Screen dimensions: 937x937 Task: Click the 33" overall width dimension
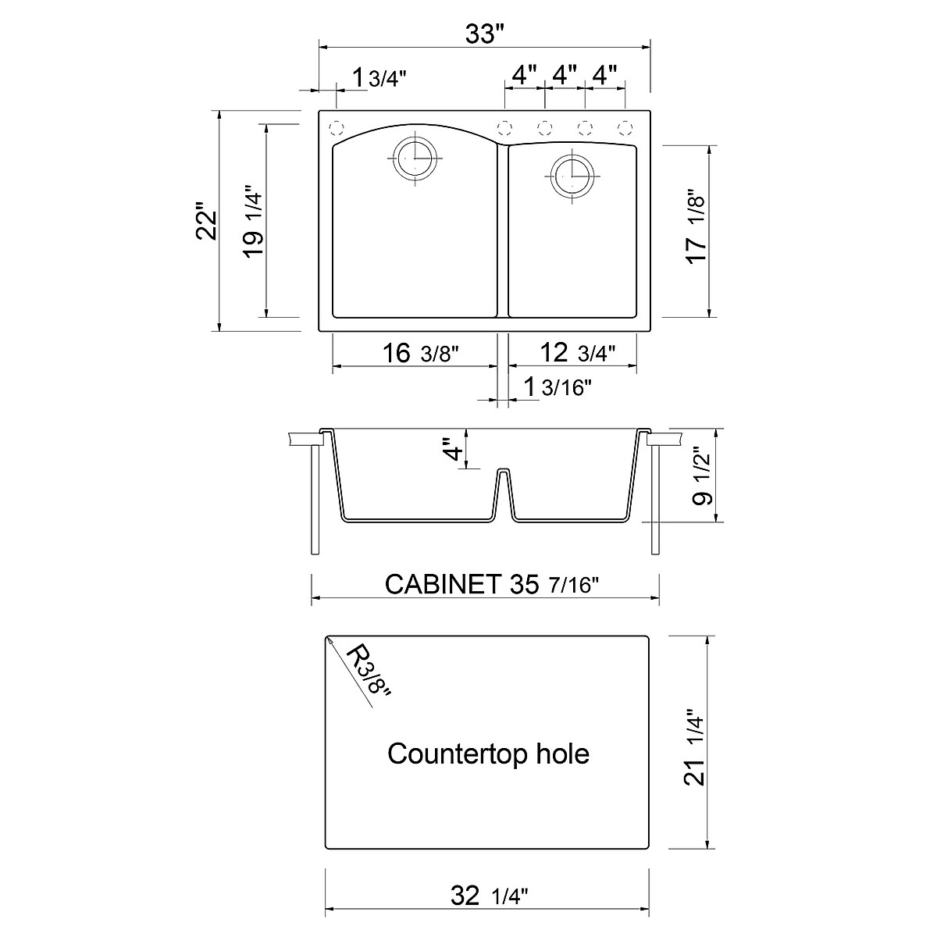coord(485,34)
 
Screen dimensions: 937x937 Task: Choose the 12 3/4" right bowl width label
coord(577,353)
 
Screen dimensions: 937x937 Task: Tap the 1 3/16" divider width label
coord(557,387)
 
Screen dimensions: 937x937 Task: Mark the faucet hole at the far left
coord(337,127)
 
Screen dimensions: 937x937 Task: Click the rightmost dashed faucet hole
coord(625,127)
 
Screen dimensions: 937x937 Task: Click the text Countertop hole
coord(488,754)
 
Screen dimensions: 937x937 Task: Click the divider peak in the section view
coord(504,472)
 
